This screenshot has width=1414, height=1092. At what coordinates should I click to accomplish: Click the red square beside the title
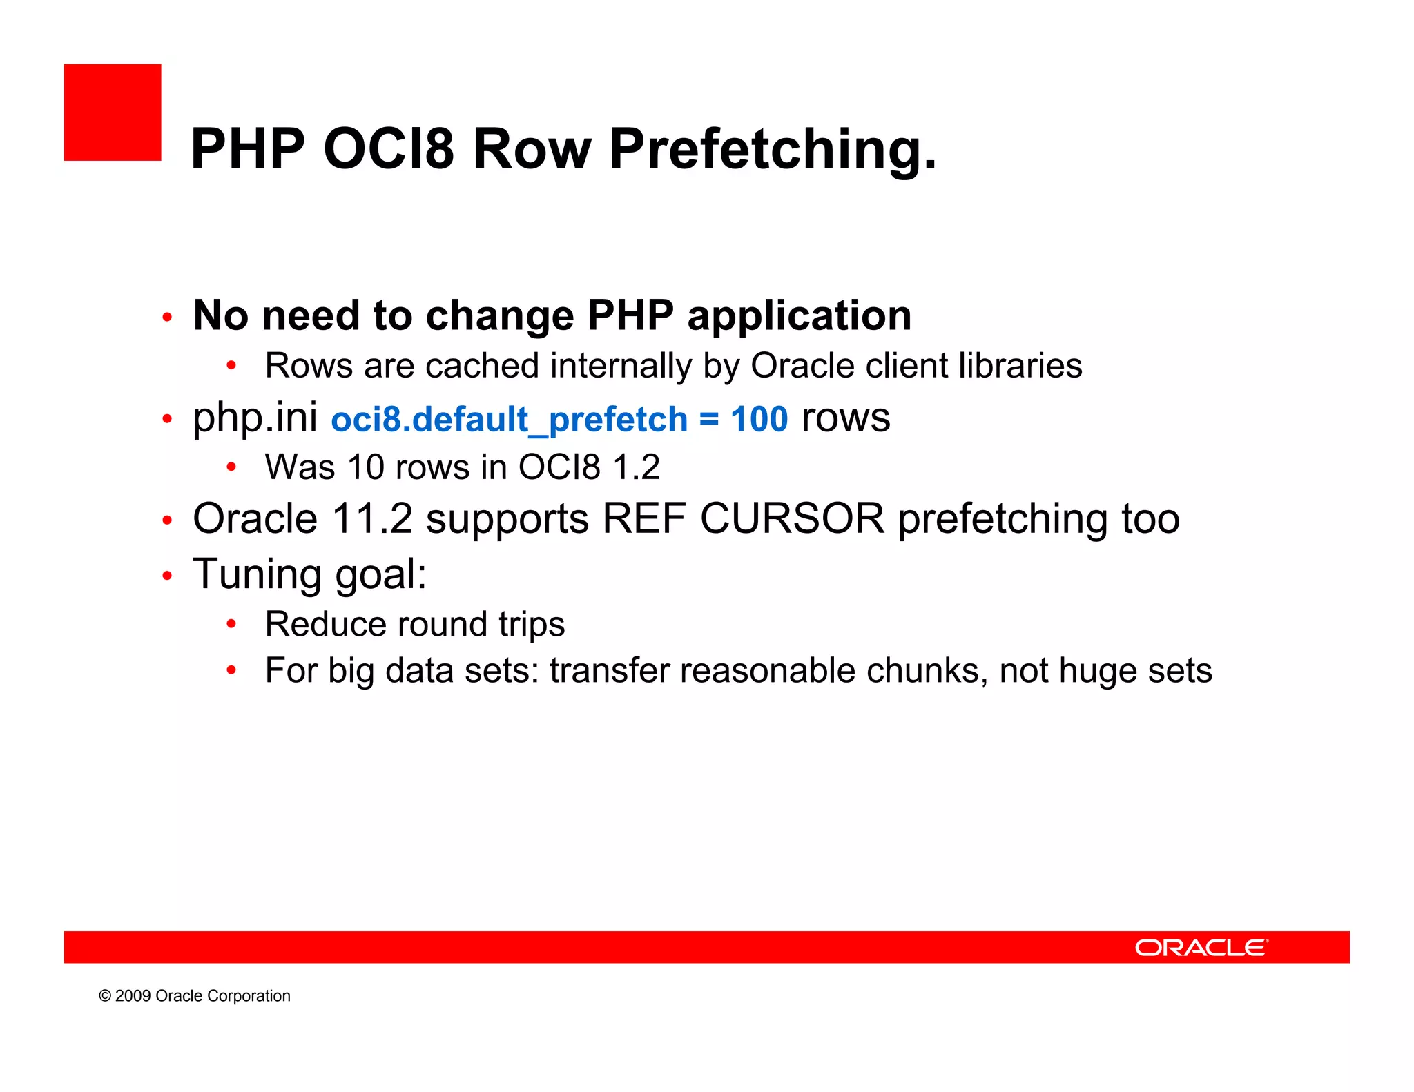113,113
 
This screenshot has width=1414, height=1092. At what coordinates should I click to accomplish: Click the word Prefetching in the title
773,150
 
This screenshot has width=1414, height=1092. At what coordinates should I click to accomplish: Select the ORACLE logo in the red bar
1201,948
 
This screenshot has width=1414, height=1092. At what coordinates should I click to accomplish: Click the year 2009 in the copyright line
133,996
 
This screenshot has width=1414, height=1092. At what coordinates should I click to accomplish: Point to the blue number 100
759,420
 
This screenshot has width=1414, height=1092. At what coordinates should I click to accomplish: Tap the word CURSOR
792,518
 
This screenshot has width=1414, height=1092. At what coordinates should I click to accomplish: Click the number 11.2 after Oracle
372,518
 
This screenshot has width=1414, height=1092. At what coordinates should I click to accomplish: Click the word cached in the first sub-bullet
482,366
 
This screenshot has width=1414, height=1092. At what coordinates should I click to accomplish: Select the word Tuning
257,574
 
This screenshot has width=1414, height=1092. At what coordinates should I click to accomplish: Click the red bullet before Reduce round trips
232,625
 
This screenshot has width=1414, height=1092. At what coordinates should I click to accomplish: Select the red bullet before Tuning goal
167,576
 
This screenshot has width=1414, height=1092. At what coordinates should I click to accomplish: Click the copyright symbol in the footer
105,996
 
